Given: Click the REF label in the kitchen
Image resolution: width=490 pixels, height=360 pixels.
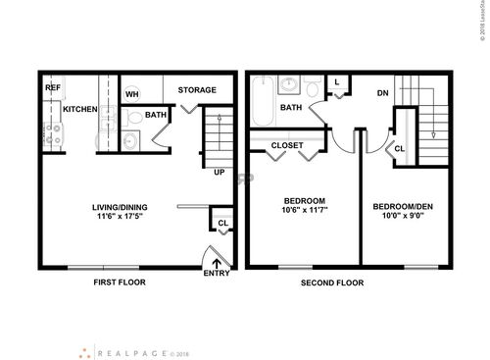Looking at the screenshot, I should [x=51, y=87].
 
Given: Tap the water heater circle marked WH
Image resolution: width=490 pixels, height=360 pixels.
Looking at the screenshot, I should [x=132, y=94].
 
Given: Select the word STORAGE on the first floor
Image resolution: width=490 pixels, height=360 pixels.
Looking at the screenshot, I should [x=197, y=90].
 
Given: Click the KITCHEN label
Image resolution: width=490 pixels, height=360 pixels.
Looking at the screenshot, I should [x=79, y=109].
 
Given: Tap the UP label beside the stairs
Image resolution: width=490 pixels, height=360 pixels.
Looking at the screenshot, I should [x=220, y=172].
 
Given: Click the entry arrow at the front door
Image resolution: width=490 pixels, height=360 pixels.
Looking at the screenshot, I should [x=216, y=260].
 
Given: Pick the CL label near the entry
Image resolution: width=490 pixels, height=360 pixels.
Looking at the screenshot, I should [x=223, y=223].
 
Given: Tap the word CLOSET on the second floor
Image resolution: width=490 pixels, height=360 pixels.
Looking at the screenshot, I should [x=287, y=145].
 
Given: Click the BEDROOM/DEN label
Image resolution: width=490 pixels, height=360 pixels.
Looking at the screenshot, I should [x=403, y=206].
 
